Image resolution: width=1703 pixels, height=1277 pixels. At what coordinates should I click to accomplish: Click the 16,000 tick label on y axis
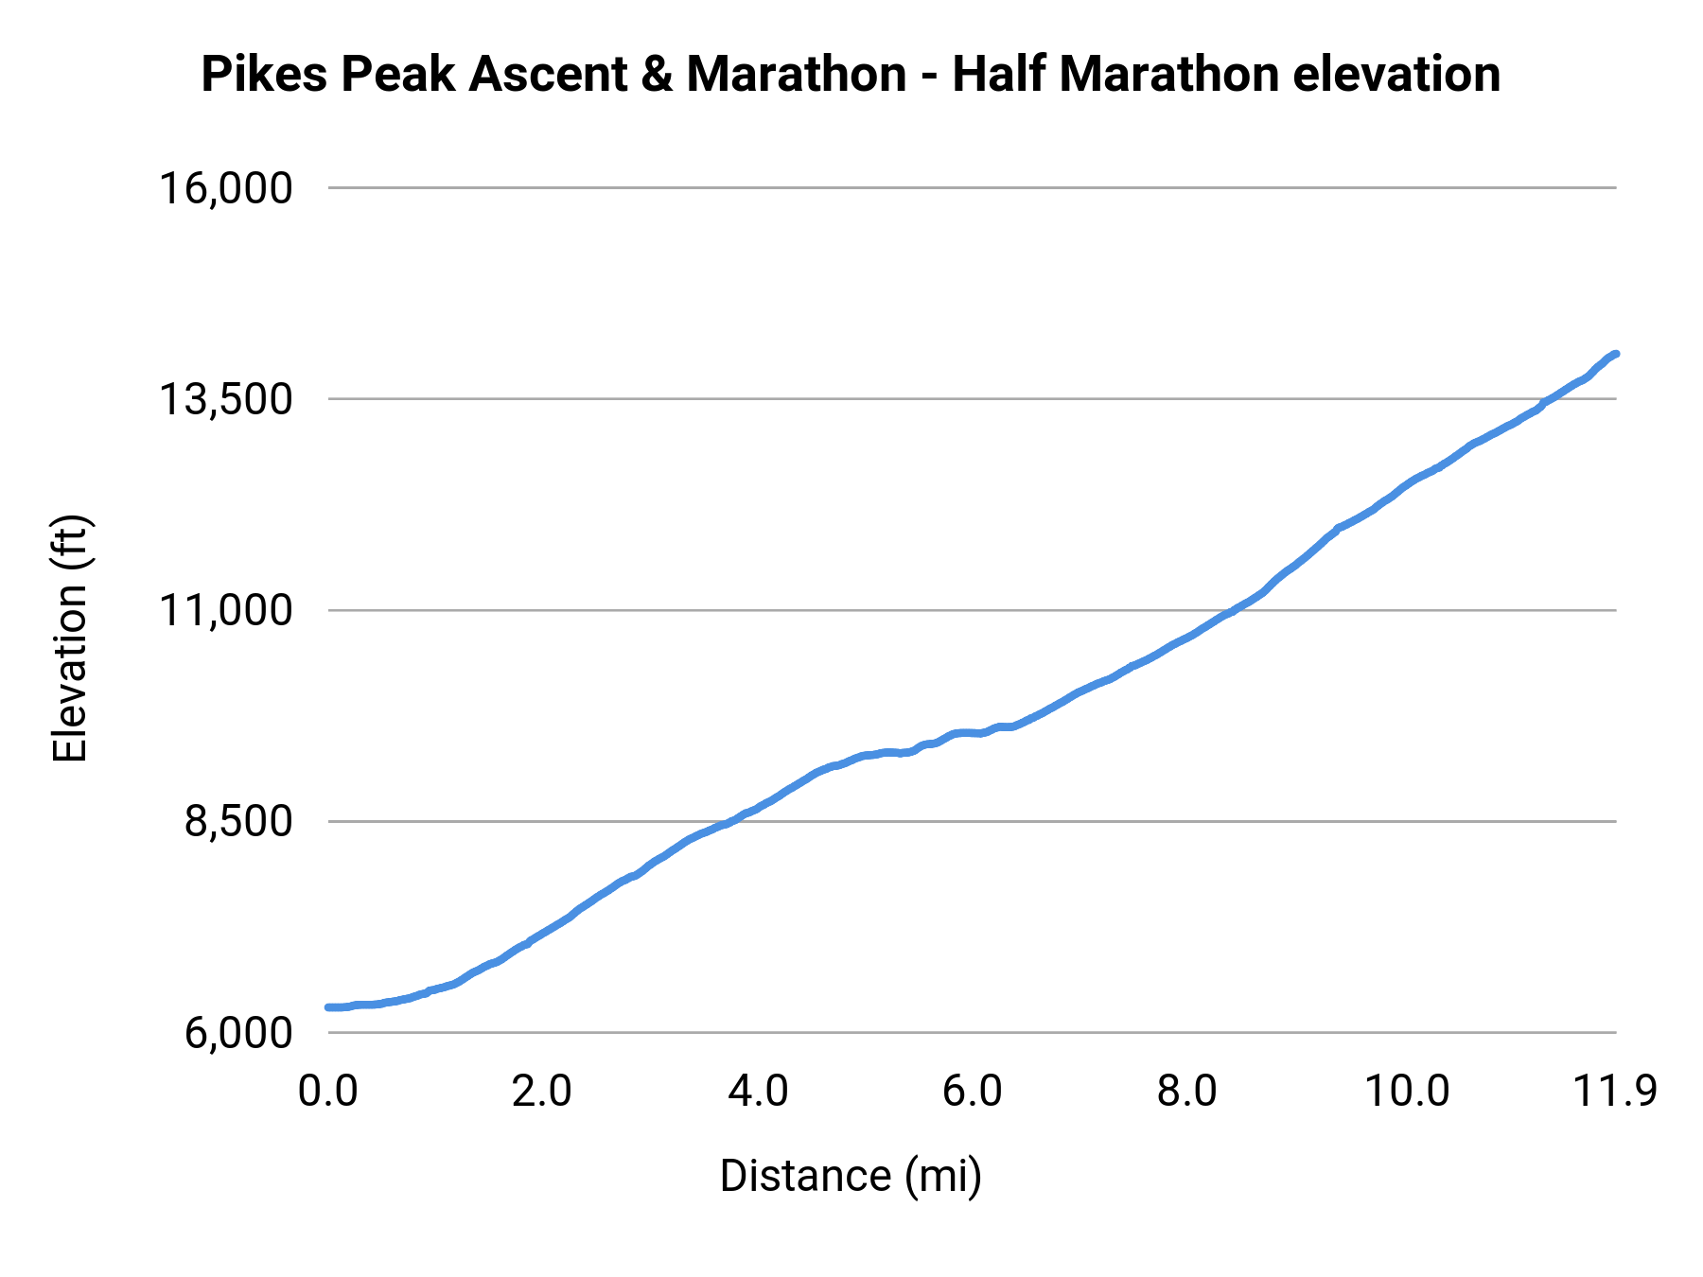224,188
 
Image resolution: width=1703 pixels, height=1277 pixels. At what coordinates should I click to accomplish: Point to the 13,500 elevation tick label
224,399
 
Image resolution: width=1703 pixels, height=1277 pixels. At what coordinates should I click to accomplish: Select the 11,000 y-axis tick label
224,610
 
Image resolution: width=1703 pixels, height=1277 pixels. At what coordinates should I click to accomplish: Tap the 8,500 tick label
237,821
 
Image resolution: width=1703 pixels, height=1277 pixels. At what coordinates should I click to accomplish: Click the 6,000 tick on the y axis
237,1032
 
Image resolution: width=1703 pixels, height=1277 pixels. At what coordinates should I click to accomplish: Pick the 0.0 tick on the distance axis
327,1091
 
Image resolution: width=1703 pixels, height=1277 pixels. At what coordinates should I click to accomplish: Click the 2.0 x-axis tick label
541,1091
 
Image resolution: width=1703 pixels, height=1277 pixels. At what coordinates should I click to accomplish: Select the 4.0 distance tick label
757,1091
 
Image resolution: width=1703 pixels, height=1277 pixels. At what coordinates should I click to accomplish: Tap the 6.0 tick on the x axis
972,1091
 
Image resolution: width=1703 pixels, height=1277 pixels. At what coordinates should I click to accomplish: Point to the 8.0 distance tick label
1186,1091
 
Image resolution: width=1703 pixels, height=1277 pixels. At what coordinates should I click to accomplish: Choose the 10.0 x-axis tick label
1406,1091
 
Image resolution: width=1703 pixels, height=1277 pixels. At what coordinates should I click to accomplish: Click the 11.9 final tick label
1614,1091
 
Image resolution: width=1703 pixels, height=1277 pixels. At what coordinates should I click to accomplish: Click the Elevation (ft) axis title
70,638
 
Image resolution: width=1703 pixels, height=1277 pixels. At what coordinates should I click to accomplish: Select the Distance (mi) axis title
851,1176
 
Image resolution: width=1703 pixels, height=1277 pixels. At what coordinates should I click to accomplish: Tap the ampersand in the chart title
657,74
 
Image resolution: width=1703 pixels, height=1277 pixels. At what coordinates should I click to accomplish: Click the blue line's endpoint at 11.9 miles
1616,354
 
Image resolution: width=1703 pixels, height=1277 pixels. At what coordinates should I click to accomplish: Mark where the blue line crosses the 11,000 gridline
1234,610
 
